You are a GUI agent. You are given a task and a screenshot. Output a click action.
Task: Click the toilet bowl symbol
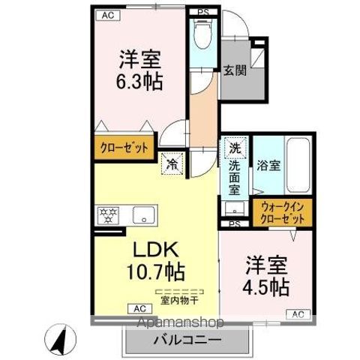[202, 35]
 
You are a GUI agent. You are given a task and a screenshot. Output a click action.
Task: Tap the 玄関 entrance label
[235, 70]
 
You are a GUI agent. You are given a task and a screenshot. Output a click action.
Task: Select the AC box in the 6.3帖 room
[108, 15]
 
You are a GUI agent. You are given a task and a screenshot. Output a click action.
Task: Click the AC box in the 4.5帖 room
[298, 314]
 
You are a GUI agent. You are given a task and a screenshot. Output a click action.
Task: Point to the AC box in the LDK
[140, 309]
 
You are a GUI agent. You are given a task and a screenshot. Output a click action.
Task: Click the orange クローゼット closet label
[124, 148]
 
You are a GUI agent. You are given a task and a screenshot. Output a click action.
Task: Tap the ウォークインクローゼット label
[283, 213]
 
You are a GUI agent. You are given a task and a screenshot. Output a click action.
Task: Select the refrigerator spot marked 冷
[172, 164]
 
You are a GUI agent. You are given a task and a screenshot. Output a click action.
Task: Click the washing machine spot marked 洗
[235, 148]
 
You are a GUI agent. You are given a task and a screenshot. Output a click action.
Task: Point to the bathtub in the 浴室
[298, 165]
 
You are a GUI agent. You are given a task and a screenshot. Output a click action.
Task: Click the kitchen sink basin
[143, 215]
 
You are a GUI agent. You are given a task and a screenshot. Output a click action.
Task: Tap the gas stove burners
[108, 215]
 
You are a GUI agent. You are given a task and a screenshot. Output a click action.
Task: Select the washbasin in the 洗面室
[235, 208]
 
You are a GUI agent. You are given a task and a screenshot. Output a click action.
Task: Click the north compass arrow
[61, 340]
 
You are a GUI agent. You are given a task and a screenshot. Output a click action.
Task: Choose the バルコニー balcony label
[187, 340]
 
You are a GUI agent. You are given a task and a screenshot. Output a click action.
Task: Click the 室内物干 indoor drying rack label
[179, 301]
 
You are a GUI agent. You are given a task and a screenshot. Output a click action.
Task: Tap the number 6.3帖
[139, 82]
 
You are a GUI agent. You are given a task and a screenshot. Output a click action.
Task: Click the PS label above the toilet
[202, 12]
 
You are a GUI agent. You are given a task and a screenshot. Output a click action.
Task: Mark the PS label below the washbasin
[234, 223]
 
